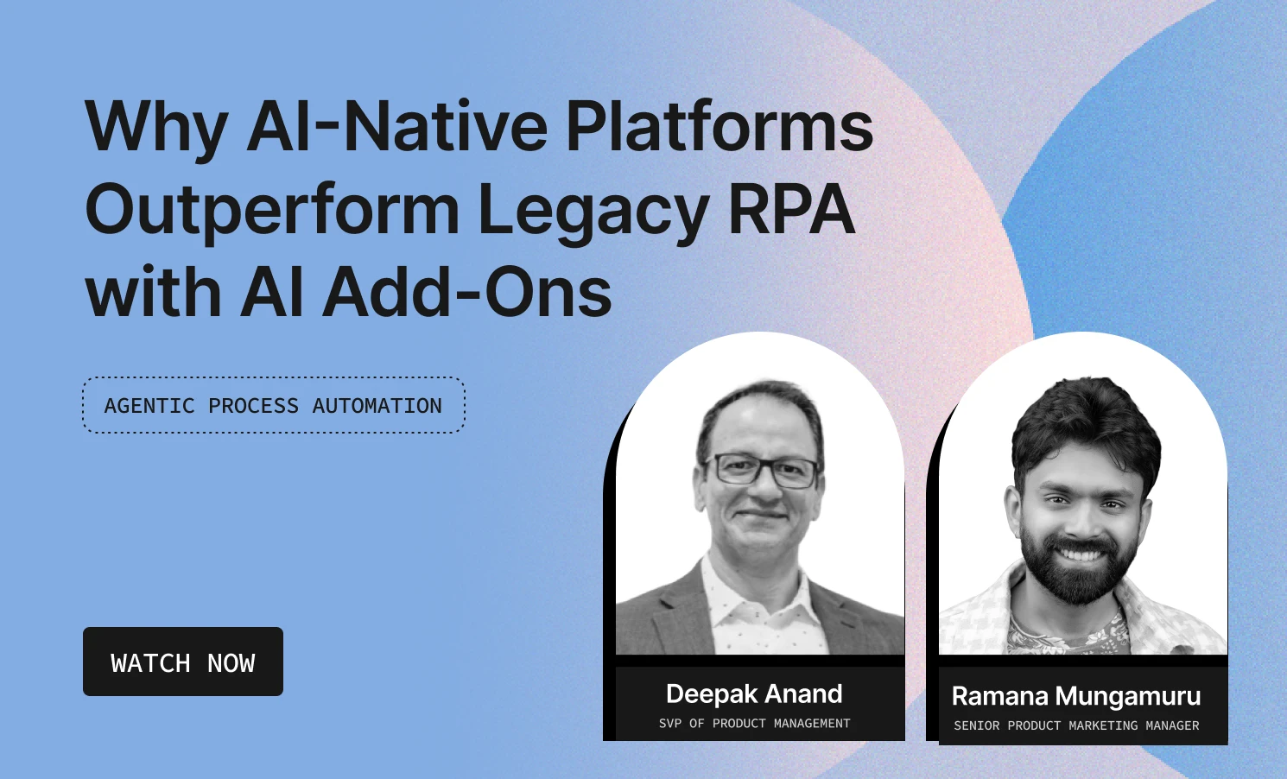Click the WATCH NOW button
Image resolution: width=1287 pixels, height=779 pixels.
coord(183,662)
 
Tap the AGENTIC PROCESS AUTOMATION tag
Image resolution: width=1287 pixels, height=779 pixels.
coord(273,405)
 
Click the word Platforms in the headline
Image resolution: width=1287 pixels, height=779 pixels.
coord(719,126)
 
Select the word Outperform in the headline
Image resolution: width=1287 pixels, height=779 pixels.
coord(271,211)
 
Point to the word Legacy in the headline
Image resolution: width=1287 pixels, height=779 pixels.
coord(593,211)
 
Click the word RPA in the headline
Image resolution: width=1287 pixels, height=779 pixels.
coord(791,209)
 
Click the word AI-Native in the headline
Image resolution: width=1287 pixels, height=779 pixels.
coord(396,126)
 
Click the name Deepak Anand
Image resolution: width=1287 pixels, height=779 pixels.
coord(754,693)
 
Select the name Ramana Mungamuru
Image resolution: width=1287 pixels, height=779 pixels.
coord(1076,696)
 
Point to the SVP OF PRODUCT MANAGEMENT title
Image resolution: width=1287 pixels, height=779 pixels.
coord(754,724)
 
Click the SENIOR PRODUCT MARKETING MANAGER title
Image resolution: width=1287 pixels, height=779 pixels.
coord(1076,726)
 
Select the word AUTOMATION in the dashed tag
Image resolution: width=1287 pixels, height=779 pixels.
coord(377,406)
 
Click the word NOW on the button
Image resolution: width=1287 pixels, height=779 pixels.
coord(231,663)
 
